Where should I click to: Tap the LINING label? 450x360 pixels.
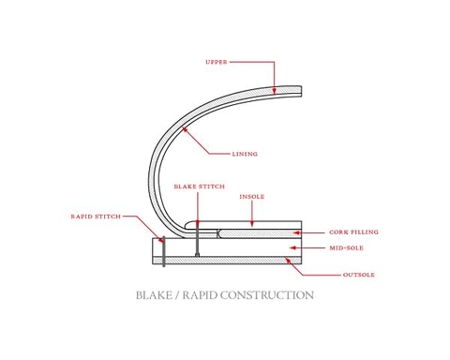(245, 154)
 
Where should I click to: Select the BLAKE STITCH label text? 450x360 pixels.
(199, 187)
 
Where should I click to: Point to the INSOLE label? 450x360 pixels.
(251, 197)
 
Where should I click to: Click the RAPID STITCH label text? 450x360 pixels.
(96, 217)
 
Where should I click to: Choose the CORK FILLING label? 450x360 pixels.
(352, 232)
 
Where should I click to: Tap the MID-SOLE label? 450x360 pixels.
(346, 248)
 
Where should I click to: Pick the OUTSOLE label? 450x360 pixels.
(358, 275)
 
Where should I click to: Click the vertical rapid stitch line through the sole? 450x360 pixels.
(163, 251)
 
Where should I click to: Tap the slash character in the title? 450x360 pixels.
(178, 295)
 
